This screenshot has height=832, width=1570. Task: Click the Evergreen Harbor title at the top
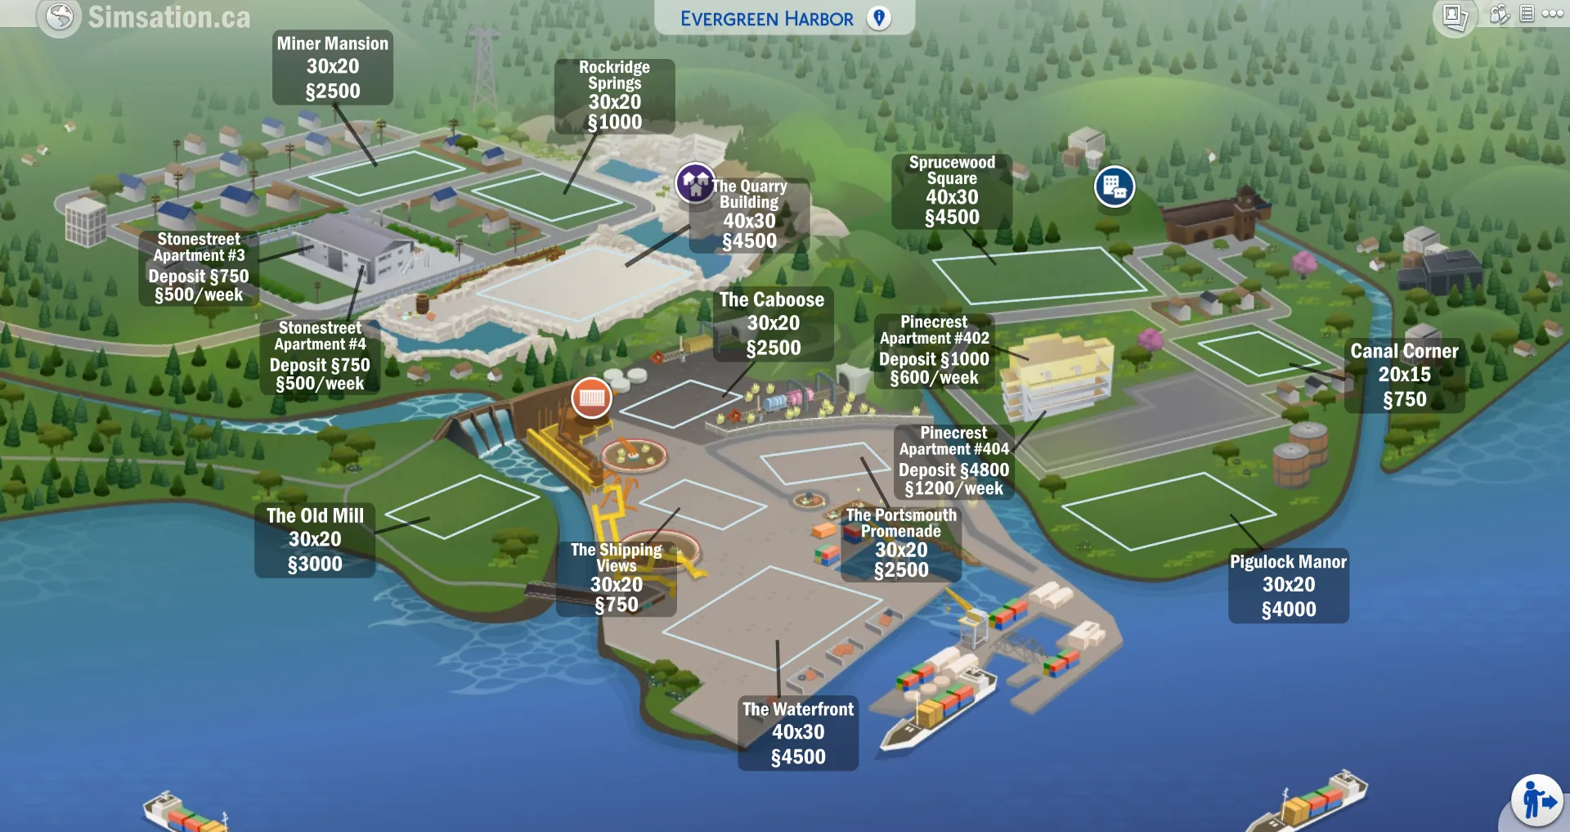(767, 19)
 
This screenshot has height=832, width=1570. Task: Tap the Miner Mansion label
(332, 67)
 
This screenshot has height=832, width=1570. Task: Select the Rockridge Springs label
(615, 95)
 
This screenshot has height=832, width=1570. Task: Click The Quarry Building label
(749, 214)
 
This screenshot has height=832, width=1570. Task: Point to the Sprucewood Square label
(952, 191)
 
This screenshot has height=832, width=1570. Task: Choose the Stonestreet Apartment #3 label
(199, 267)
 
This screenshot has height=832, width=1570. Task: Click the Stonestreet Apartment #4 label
(320, 356)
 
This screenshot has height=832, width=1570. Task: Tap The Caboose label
(773, 324)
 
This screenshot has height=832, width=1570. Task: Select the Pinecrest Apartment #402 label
(934, 350)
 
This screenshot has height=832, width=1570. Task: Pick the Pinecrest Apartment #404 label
(953, 461)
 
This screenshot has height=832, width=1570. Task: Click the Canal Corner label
(1404, 376)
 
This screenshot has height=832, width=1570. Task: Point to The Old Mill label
(315, 540)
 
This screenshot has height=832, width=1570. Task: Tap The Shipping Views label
(617, 578)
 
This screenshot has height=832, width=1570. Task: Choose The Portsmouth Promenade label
(901, 543)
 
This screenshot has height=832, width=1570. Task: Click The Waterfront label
(798, 733)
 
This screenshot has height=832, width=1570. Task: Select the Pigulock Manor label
(1289, 586)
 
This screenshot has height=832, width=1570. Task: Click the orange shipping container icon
(591, 398)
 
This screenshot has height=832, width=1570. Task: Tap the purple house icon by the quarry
(695, 182)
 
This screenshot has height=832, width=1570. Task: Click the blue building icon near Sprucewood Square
(1114, 187)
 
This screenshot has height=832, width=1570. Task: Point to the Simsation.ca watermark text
(168, 17)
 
